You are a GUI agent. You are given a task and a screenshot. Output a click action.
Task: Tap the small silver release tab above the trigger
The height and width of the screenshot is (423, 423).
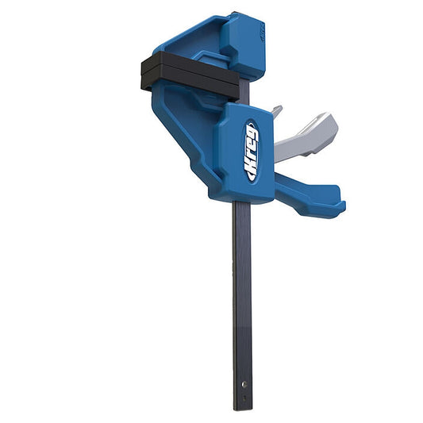[x=277, y=111]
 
